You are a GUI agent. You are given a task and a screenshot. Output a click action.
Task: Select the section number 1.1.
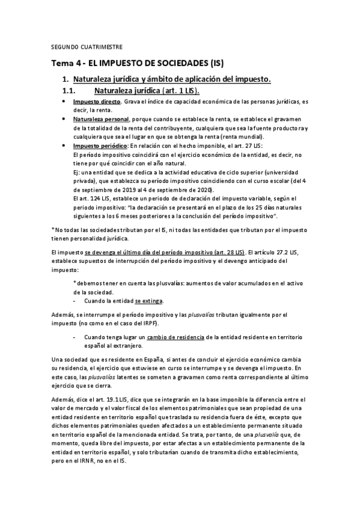point(72,90)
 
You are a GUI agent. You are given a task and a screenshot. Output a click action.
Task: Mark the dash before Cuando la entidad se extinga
point(74,301)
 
